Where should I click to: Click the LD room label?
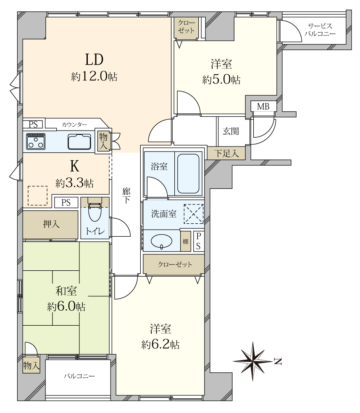94,60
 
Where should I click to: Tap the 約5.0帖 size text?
221,79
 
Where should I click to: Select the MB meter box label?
263,107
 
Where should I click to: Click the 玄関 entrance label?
231,131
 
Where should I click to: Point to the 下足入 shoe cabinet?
226,153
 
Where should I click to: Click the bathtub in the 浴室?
188,174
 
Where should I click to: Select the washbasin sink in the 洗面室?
161,241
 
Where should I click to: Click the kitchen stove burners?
36,141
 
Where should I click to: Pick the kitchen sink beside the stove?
79,142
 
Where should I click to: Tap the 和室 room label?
66,291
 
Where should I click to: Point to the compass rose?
253,361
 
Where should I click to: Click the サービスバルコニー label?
320,30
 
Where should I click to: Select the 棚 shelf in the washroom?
186,241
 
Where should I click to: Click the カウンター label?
74,125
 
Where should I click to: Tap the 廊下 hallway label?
126,195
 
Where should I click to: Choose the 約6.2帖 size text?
160,344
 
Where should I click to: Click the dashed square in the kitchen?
38,196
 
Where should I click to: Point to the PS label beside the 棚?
198,241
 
